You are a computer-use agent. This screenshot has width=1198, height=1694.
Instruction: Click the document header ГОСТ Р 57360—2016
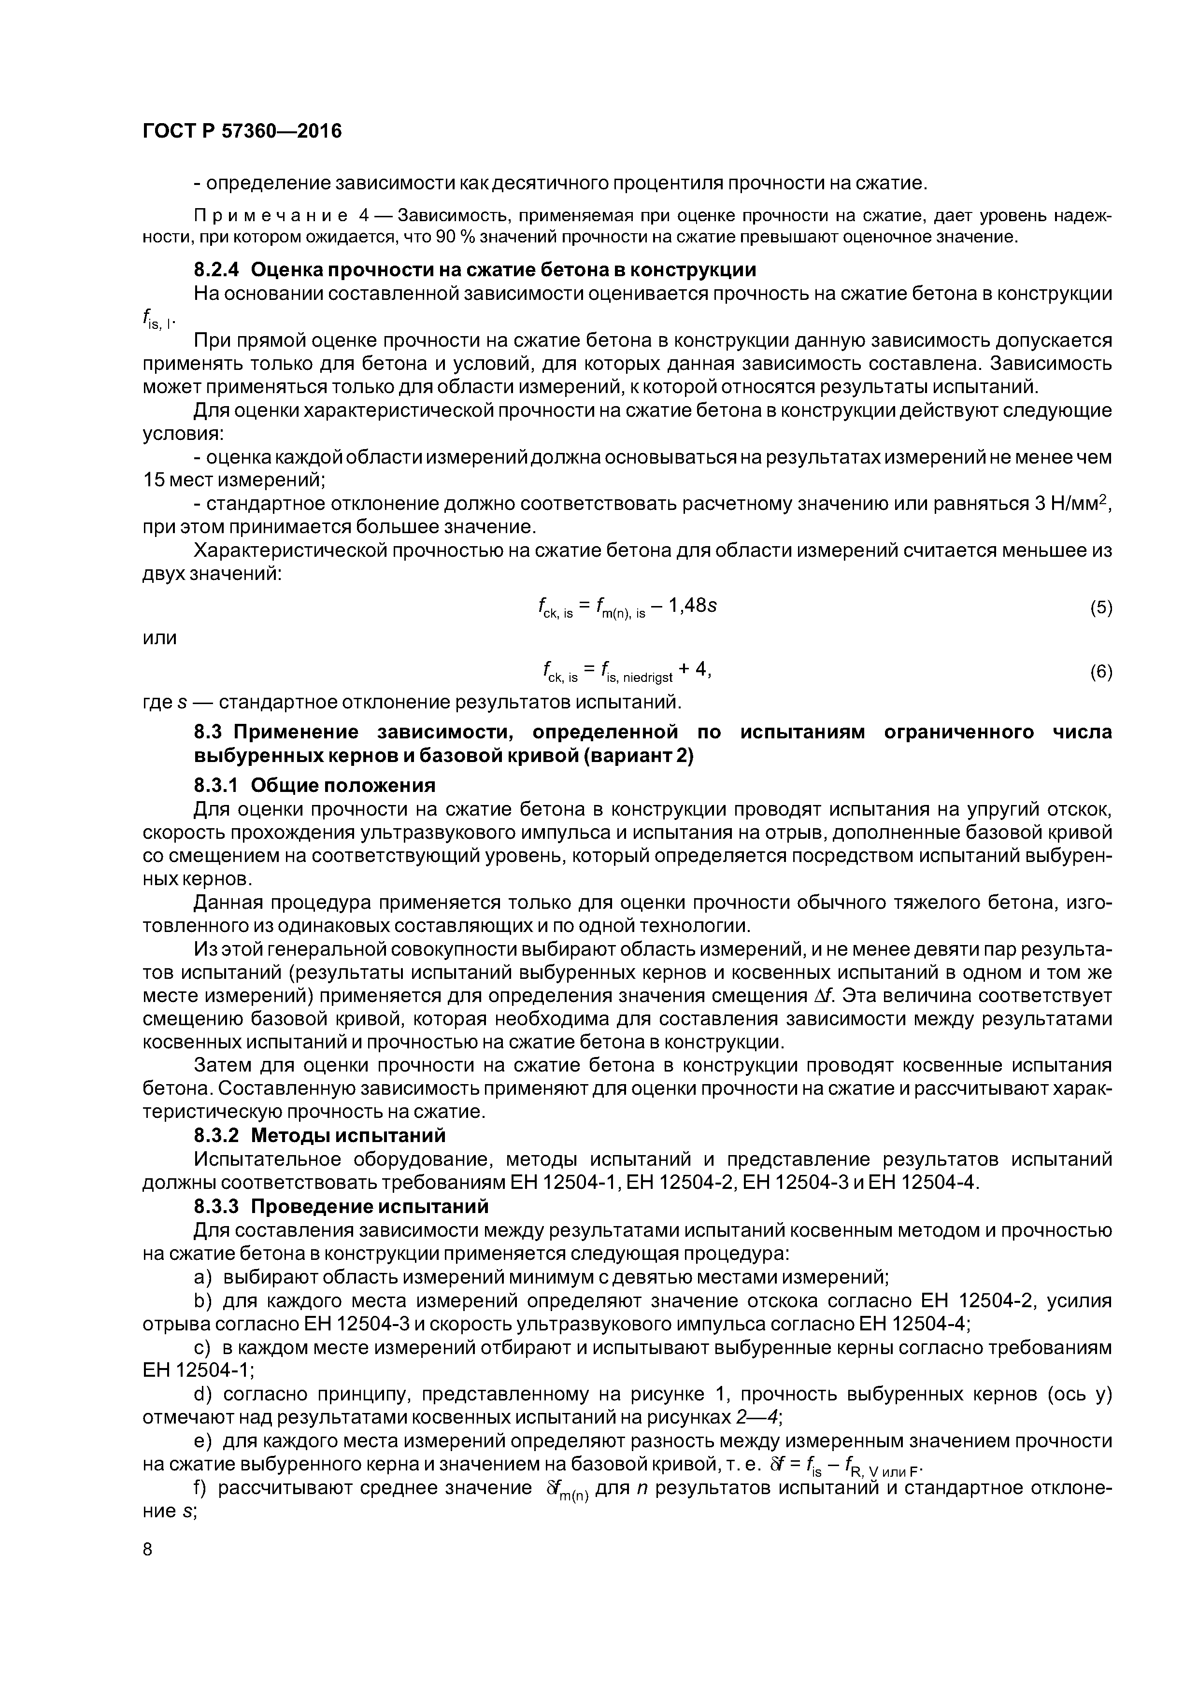tap(242, 131)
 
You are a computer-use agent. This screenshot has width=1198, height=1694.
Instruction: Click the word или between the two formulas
tap(159, 637)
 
